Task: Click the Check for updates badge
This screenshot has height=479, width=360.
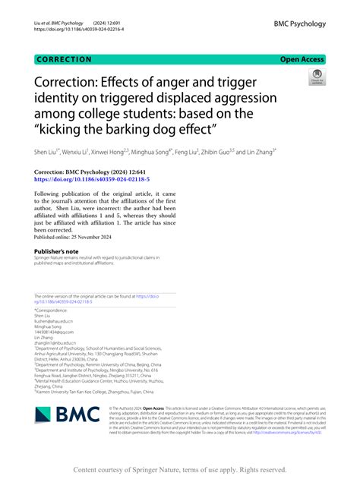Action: click(x=316, y=77)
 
